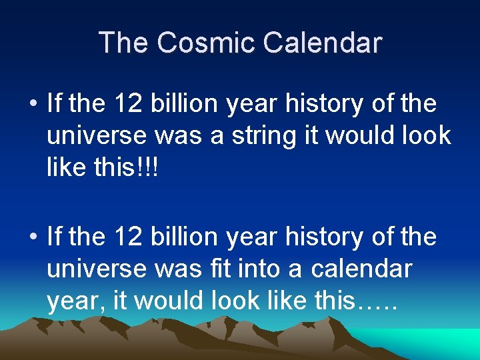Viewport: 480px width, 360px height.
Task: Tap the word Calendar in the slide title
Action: point(322,43)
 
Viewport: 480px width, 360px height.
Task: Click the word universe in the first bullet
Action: point(97,136)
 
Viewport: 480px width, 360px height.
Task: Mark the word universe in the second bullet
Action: point(97,269)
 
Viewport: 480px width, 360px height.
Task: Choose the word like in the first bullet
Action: point(67,168)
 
